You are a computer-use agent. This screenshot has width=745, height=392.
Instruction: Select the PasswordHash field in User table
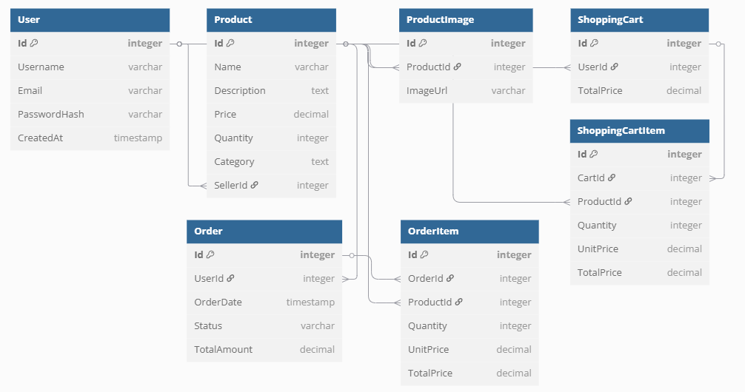(x=51, y=115)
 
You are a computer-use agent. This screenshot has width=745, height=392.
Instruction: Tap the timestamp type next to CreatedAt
(x=138, y=138)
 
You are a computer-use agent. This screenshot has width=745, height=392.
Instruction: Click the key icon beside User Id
(x=34, y=44)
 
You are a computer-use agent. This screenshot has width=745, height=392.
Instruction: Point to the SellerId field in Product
(x=231, y=186)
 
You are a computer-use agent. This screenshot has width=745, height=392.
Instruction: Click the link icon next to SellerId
(x=255, y=186)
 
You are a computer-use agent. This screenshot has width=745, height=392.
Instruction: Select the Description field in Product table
(x=240, y=91)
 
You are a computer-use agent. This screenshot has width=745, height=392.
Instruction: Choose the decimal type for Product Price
(x=311, y=115)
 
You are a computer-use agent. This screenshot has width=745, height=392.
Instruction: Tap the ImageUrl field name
(x=427, y=91)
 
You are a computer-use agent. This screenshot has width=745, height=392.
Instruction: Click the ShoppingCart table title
(x=610, y=20)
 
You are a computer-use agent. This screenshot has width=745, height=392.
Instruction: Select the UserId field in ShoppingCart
(x=592, y=67)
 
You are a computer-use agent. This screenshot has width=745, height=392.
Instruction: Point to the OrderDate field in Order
(x=218, y=303)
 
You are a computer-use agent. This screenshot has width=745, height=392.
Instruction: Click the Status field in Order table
(x=208, y=326)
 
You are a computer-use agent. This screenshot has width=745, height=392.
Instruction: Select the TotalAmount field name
(x=223, y=350)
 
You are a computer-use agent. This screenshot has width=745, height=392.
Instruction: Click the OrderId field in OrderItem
(x=426, y=279)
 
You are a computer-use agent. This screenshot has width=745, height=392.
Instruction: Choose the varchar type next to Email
(x=145, y=91)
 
